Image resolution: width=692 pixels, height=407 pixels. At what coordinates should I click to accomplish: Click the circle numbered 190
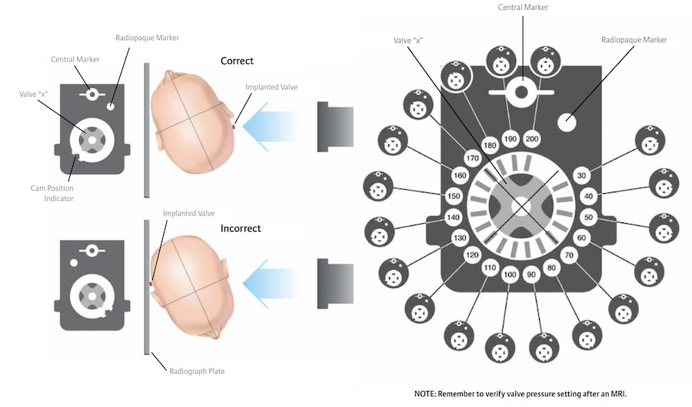click(510, 139)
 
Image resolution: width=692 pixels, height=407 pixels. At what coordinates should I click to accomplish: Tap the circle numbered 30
click(581, 175)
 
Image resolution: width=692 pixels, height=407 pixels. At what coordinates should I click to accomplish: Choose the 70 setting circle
click(570, 255)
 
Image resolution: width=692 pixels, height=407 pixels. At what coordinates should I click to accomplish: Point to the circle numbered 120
click(472, 255)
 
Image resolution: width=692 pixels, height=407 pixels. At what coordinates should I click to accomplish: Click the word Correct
click(237, 61)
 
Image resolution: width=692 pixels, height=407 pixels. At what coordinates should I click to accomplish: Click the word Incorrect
click(240, 229)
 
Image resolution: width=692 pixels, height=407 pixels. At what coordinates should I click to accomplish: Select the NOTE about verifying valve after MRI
click(521, 393)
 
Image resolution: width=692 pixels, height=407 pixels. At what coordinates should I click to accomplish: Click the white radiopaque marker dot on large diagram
click(570, 121)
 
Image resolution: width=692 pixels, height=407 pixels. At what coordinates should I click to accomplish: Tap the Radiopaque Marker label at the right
click(635, 39)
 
